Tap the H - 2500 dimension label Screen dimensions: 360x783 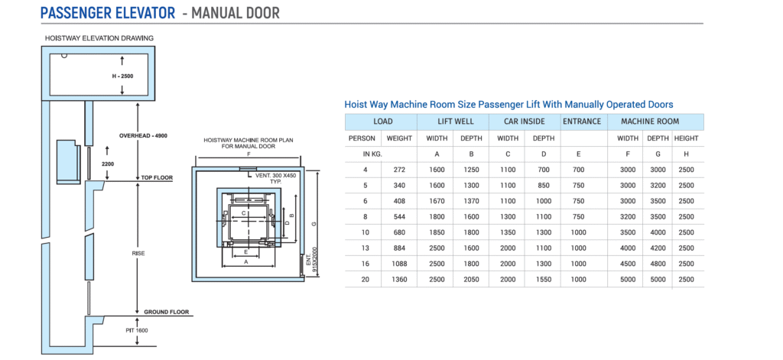coord(122,76)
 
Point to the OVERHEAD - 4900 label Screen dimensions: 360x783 coord(143,135)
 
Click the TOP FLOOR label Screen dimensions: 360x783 coord(157,178)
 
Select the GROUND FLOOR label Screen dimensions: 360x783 coord(166,312)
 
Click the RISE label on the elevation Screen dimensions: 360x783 coord(137,253)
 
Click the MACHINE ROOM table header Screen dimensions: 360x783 coord(650,122)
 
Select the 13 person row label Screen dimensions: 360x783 coord(365,248)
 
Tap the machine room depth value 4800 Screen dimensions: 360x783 coord(657,264)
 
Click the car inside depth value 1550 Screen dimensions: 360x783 coord(543,279)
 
